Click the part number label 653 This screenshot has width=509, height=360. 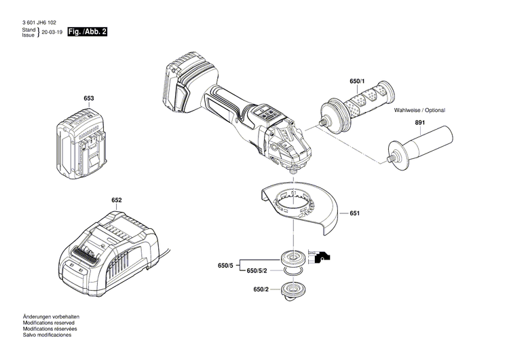[x=88, y=98]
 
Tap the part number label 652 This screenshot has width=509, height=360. [x=117, y=200]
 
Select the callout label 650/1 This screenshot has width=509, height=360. [x=356, y=82]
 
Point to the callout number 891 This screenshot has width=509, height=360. [x=420, y=123]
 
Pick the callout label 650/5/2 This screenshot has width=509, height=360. [x=258, y=271]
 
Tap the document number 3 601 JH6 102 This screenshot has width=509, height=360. [x=39, y=22]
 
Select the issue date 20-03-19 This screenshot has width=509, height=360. [x=52, y=32]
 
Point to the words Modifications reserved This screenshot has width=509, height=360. [x=49, y=323]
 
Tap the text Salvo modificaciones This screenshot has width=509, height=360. [x=47, y=335]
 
